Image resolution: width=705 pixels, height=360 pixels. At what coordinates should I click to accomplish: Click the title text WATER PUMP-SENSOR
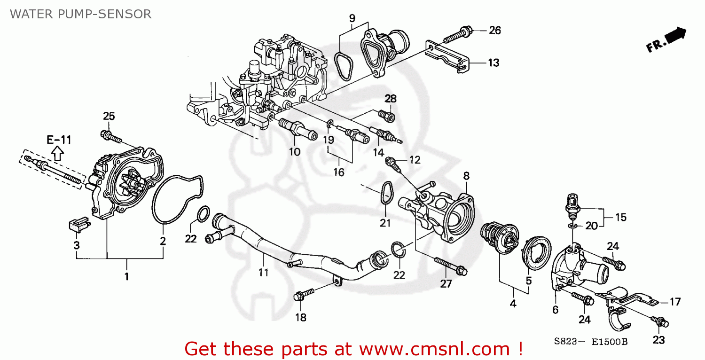[81, 14]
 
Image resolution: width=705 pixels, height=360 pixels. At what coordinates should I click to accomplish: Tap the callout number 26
[494, 31]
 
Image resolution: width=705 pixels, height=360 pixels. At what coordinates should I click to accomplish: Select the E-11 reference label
[58, 139]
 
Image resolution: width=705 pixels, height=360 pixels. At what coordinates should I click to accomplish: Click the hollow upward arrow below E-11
[57, 152]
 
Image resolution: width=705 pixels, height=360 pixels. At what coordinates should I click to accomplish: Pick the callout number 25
[109, 116]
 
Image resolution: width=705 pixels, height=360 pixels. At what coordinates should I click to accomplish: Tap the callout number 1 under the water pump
[126, 276]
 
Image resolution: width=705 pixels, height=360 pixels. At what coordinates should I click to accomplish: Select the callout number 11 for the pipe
[263, 272]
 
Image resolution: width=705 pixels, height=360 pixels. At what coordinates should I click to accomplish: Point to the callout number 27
[445, 283]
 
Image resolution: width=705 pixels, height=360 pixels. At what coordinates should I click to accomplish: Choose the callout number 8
[466, 176]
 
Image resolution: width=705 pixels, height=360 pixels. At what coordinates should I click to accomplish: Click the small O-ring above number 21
[386, 193]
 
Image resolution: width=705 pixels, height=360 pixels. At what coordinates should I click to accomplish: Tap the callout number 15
[621, 217]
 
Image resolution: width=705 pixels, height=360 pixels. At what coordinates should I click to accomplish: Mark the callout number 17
[675, 302]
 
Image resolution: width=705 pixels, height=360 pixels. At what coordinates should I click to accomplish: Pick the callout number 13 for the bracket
[493, 63]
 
